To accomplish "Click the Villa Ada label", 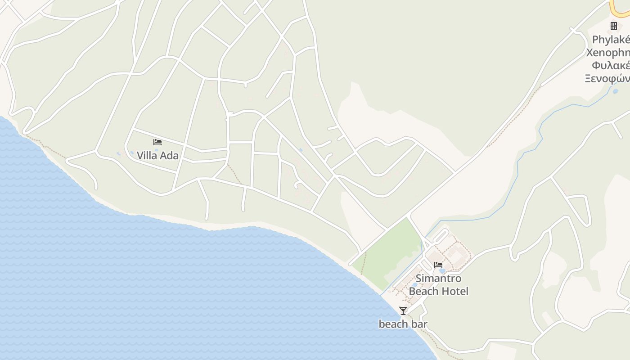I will pyautogui.click(x=157, y=156).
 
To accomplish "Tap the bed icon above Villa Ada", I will pyautogui.click(x=157, y=142).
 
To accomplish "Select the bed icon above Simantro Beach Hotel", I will pyautogui.click(x=438, y=265).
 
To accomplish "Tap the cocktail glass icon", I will pyautogui.click(x=403, y=311).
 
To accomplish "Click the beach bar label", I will pyautogui.click(x=403, y=324).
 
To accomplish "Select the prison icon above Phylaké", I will pyautogui.click(x=614, y=26).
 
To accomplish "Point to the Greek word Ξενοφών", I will pyautogui.click(x=607, y=78).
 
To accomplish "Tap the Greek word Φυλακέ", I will pyautogui.click(x=611, y=65).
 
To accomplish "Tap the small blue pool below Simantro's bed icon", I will pyautogui.click(x=442, y=271).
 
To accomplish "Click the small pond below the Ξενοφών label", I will pyautogui.click(x=615, y=91).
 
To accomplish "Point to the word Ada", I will pyautogui.click(x=170, y=156).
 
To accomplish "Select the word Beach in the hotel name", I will pyautogui.click(x=423, y=291).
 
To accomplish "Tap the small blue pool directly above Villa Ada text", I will pyautogui.click(x=156, y=149).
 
